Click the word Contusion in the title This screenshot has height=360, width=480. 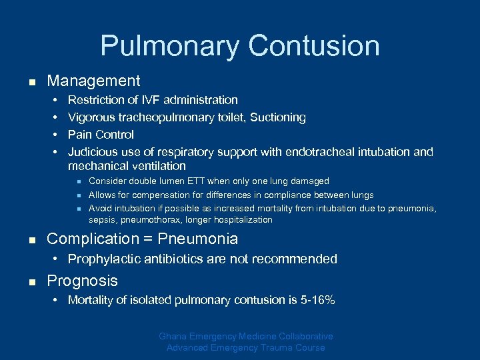tap(314, 47)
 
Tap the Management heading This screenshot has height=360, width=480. tap(93, 81)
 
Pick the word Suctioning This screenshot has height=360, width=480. tap(278, 117)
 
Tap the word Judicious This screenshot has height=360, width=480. tap(91, 152)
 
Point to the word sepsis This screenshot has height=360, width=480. tap(103, 220)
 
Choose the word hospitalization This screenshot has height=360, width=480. tap(241, 220)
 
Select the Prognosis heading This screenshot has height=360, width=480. tap(82, 281)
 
